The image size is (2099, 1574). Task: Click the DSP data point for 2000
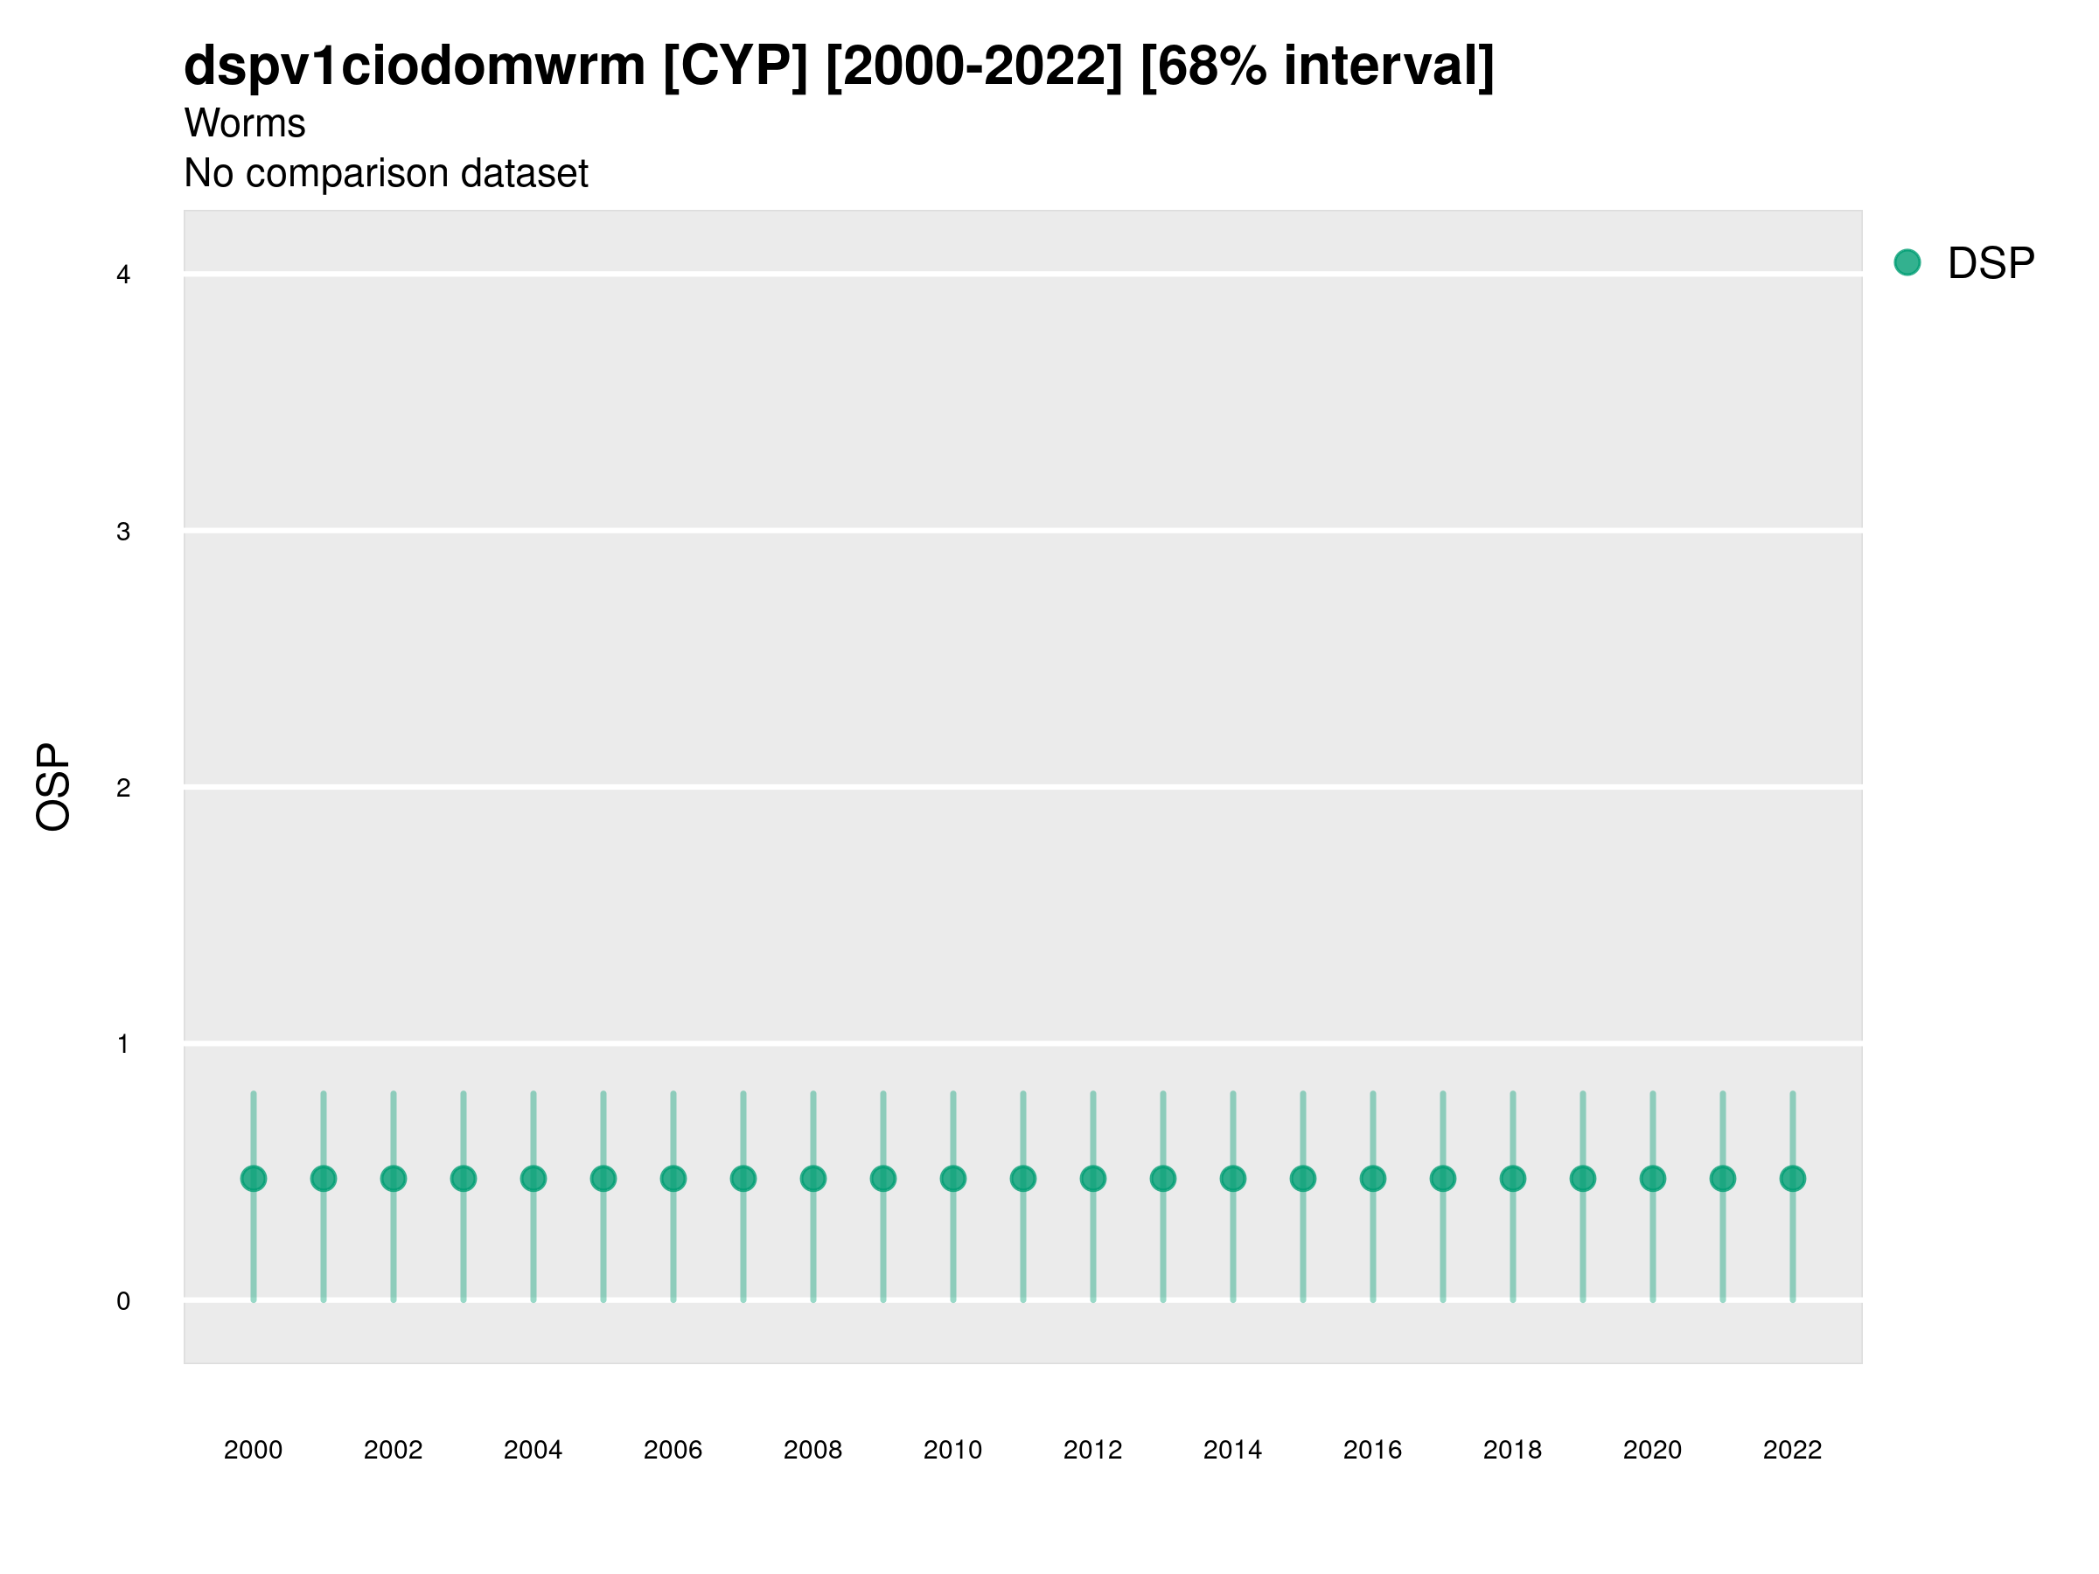pyautogui.click(x=254, y=1179)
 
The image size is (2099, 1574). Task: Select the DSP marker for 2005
pyautogui.click(x=603, y=1179)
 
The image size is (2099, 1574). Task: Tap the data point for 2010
pyautogui.click(x=952, y=1179)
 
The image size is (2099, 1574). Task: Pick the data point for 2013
pyautogui.click(x=1163, y=1179)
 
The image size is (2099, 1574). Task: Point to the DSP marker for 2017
pyautogui.click(x=1442, y=1179)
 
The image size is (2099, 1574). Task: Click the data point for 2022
pyautogui.click(x=1793, y=1179)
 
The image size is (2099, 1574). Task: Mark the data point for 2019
pyautogui.click(x=1583, y=1179)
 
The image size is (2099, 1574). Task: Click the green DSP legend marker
pyautogui.click(x=1907, y=263)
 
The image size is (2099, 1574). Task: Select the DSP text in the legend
pyautogui.click(x=1991, y=264)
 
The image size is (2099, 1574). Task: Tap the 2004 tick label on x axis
pyautogui.click(x=533, y=1450)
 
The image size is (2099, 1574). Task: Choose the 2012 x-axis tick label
pyautogui.click(x=1093, y=1450)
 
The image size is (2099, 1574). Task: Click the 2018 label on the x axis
pyautogui.click(x=1512, y=1450)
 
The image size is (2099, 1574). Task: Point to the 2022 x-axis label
pyautogui.click(x=1793, y=1450)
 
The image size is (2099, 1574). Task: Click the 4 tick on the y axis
pyautogui.click(x=123, y=275)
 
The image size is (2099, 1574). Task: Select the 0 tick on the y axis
pyautogui.click(x=123, y=1301)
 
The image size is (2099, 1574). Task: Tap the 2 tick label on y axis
pyautogui.click(x=123, y=788)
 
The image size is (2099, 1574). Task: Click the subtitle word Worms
pyautogui.click(x=245, y=123)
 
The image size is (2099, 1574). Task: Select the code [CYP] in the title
pyautogui.click(x=736, y=66)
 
